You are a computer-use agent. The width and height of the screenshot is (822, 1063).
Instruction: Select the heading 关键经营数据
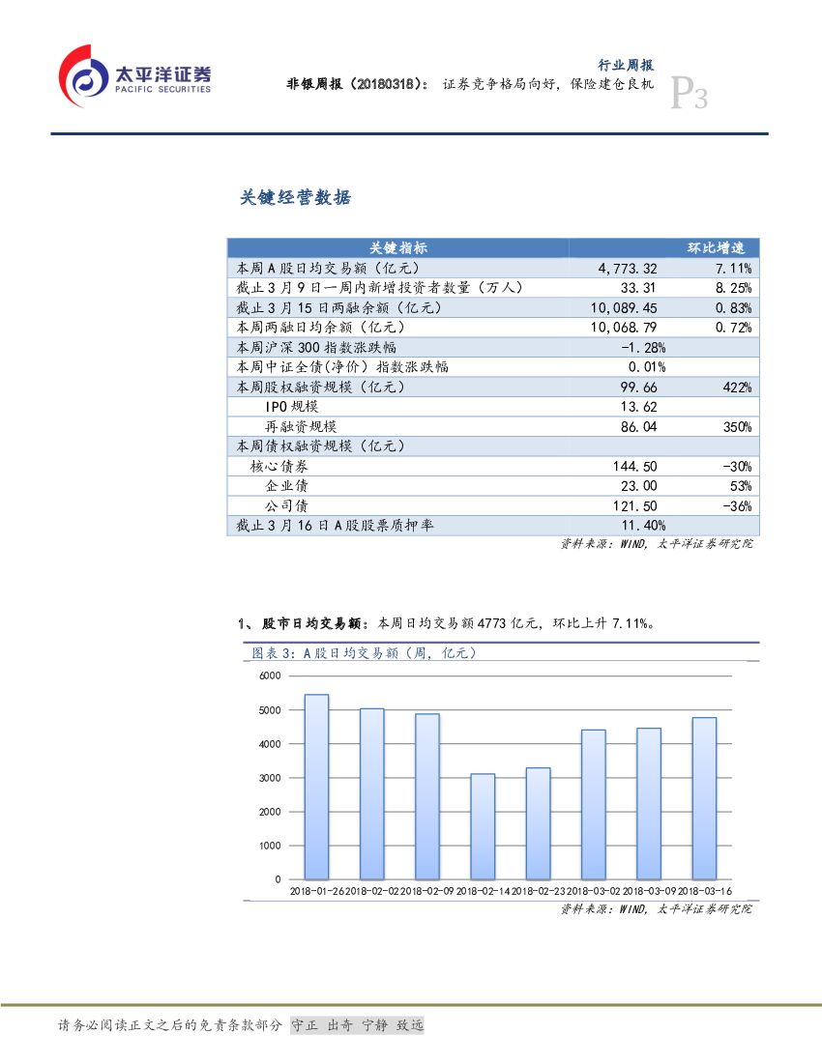pos(295,198)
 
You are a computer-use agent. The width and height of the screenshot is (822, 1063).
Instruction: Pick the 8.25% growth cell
pos(733,287)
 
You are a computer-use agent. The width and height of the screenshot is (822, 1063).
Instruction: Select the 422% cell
pos(737,387)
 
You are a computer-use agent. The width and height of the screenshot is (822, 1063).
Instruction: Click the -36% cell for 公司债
pos(737,505)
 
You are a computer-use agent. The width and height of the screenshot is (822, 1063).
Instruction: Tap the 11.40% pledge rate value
pos(642,525)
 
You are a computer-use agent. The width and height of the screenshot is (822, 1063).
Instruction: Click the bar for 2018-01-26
pos(316,787)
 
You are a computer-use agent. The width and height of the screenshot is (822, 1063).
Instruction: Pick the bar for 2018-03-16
pos(704,798)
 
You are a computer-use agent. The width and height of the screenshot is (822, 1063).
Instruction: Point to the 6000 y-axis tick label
pos(270,675)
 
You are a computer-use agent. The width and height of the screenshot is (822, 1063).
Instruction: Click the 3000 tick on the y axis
pos(270,778)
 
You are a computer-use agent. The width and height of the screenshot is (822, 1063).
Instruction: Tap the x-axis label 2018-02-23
pos(538,891)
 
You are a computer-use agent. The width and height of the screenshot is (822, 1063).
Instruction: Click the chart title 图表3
pos(365,653)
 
